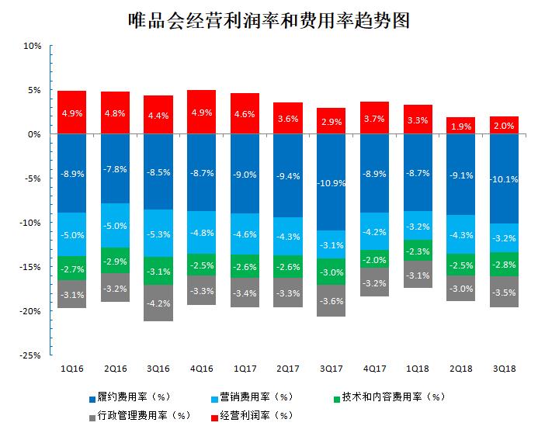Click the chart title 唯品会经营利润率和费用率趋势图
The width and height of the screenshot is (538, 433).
click(269, 19)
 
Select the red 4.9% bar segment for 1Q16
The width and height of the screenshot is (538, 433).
click(72, 113)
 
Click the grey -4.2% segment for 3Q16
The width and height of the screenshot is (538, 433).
click(158, 303)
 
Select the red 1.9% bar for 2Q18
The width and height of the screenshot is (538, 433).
click(460, 126)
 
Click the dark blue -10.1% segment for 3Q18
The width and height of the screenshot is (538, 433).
click(503, 178)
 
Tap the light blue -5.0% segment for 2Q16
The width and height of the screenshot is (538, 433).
click(116, 226)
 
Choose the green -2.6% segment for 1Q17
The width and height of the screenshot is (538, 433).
click(245, 266)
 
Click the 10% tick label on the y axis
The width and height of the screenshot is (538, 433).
click(32, 46)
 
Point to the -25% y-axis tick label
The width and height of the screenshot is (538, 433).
click(30, 355)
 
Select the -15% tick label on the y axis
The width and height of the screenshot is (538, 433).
click(30, 267)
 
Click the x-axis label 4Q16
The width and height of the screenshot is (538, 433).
click(202, 369)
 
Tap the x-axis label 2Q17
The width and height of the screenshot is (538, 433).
click(288, 369)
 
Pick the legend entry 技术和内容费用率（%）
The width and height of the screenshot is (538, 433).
click(393, 397)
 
